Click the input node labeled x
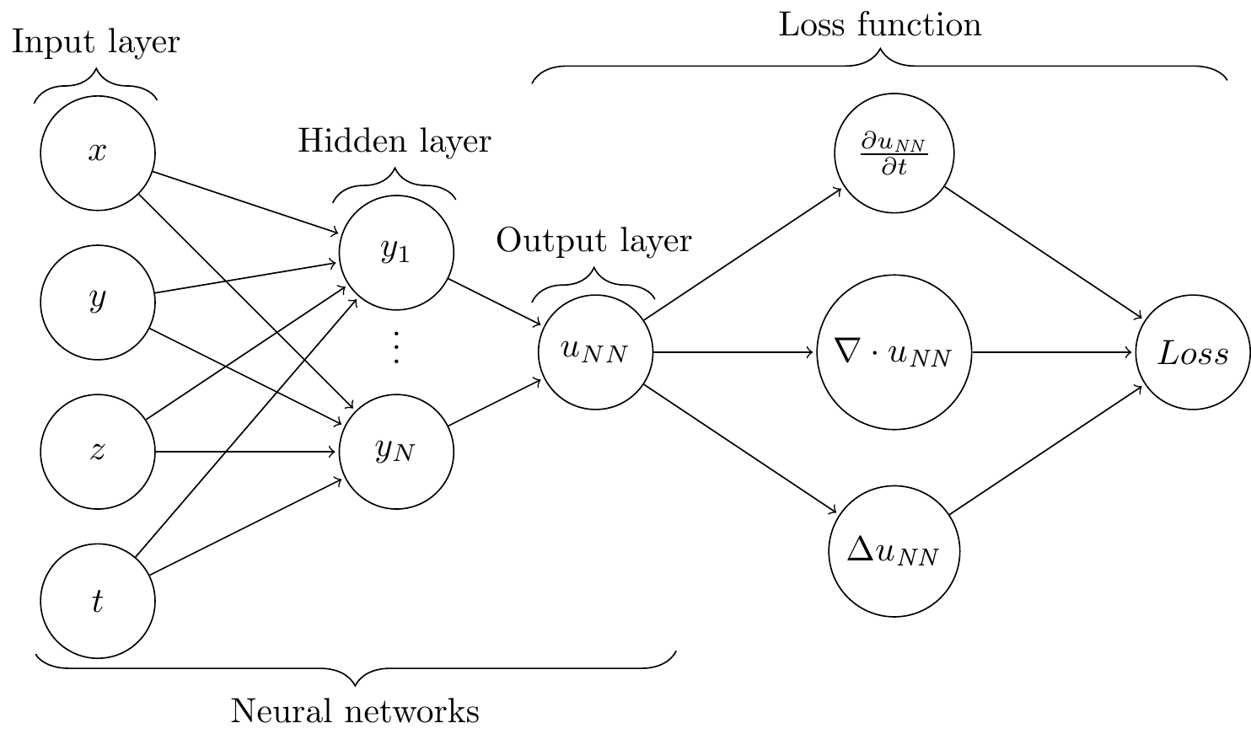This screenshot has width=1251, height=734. tap(98, 153)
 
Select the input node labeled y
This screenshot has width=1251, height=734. tap(98, 302)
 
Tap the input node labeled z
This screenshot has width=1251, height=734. tap(98, 452)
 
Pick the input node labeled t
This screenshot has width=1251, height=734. tap(98, 601)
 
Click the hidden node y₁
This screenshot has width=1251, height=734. tap(396, 252)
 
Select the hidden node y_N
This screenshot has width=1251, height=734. tap(396, 452)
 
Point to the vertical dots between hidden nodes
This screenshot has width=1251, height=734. tap(396, 348)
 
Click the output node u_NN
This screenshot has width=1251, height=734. tap(595, 352)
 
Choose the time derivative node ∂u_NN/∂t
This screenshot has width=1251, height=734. tap(894, 153)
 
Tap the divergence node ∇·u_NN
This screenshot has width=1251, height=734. tap(894, 352)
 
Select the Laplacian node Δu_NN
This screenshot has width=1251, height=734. tap(894, 552)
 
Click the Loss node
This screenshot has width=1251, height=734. tap(1192, 352)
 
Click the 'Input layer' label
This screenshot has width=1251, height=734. tap(96, 42)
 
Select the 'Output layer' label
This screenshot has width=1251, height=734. tap(594, 241)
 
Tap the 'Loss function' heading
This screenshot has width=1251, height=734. tap(880, 25)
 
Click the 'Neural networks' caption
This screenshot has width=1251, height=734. tap(355, 712)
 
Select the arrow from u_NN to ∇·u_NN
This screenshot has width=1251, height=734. tap(734, 352)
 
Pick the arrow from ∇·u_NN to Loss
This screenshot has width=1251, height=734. tap(1054, 352)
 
